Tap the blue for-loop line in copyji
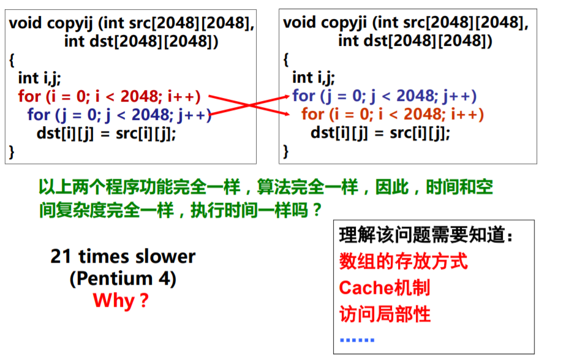[384, 96]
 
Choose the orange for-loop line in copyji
[393, 114]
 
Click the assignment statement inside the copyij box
[106, 133]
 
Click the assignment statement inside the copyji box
[380, 133]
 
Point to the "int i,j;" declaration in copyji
[313, 77]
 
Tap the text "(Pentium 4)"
[122, 279]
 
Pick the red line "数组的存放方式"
[403, 261]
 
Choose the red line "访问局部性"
[385, 314]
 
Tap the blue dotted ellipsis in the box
[356, 339]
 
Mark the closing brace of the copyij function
[12, 151]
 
